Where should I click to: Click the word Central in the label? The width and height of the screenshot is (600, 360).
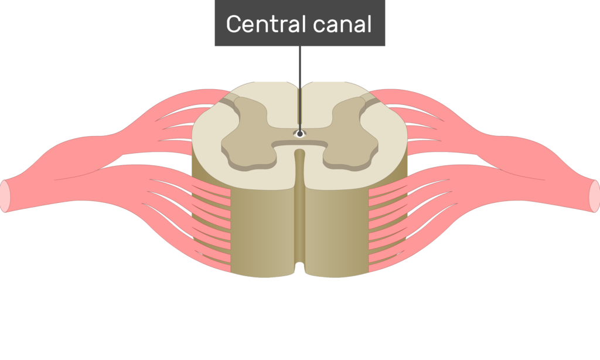pos(265,23)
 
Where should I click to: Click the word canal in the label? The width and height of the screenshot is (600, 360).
pos(342,23)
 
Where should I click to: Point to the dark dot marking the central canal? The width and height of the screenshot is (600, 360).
pos(300,134)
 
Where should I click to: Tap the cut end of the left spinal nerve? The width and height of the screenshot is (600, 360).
pos(5,196)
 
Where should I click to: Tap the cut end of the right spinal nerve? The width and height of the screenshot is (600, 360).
pos(595,196)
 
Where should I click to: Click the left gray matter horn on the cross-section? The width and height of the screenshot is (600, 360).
pos(248,134)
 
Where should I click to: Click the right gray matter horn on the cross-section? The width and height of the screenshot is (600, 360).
pos(350,134)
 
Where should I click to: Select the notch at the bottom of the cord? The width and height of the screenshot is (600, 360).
pos(299,268)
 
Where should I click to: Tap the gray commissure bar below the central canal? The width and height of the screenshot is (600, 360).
pos(299,144)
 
